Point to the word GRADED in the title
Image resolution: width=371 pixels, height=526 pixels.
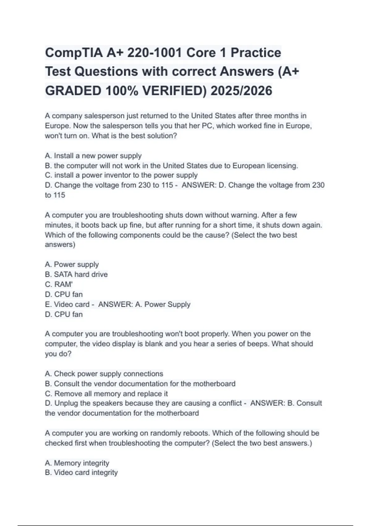tap(73, 91)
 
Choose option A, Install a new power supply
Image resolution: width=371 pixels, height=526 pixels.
tap(93, 156)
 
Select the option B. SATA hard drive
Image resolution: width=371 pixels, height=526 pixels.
tap(76, 274)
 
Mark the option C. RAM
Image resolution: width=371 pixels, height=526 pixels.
tap(59, 284)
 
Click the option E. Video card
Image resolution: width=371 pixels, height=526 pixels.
tap(67, 304)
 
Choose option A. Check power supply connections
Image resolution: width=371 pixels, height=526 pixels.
tap(104, 374)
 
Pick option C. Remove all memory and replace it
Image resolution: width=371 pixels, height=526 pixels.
tap(106, 394)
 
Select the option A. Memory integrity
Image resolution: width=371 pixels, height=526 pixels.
tap(77, 463)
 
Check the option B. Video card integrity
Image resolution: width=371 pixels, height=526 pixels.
tap(81, 472)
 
